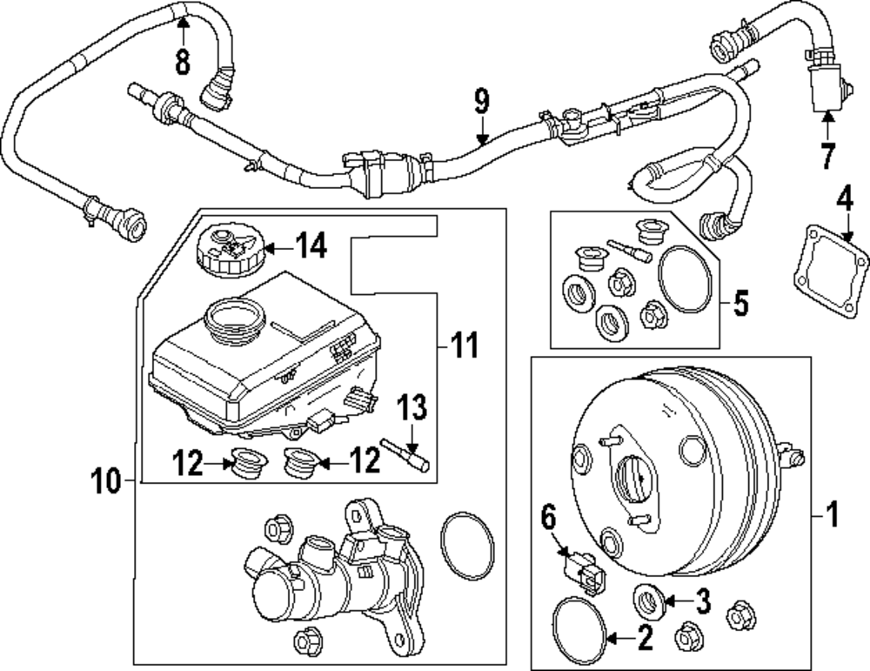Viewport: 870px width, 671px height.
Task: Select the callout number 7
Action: [826, 157]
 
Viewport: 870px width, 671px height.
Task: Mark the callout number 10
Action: [107, 480]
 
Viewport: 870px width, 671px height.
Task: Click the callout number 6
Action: [547, 518]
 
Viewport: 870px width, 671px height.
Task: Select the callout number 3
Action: [701, 600]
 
